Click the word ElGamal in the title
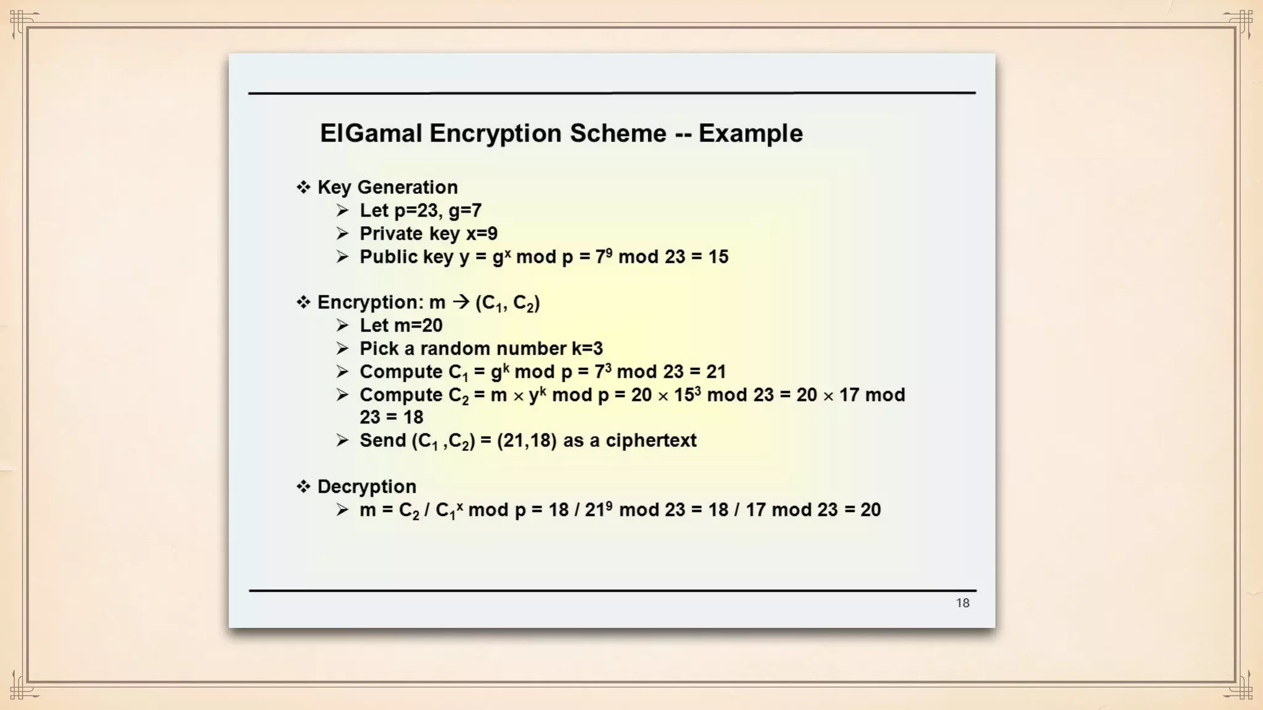[x=371, y=134]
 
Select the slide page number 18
[x=963, y=603]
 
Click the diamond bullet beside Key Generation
[x=303, y=187]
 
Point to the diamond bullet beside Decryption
[x=303, y=487]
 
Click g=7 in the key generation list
[x=465, y=211]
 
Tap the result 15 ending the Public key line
[x=718, y=257]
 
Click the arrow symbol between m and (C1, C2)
[x=461, y=303]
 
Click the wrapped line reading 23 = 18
[x=391, y=417]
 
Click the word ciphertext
[x=651, y=441]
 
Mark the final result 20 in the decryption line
[x=870, y=510]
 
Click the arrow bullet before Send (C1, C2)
[x=343, y=441]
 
